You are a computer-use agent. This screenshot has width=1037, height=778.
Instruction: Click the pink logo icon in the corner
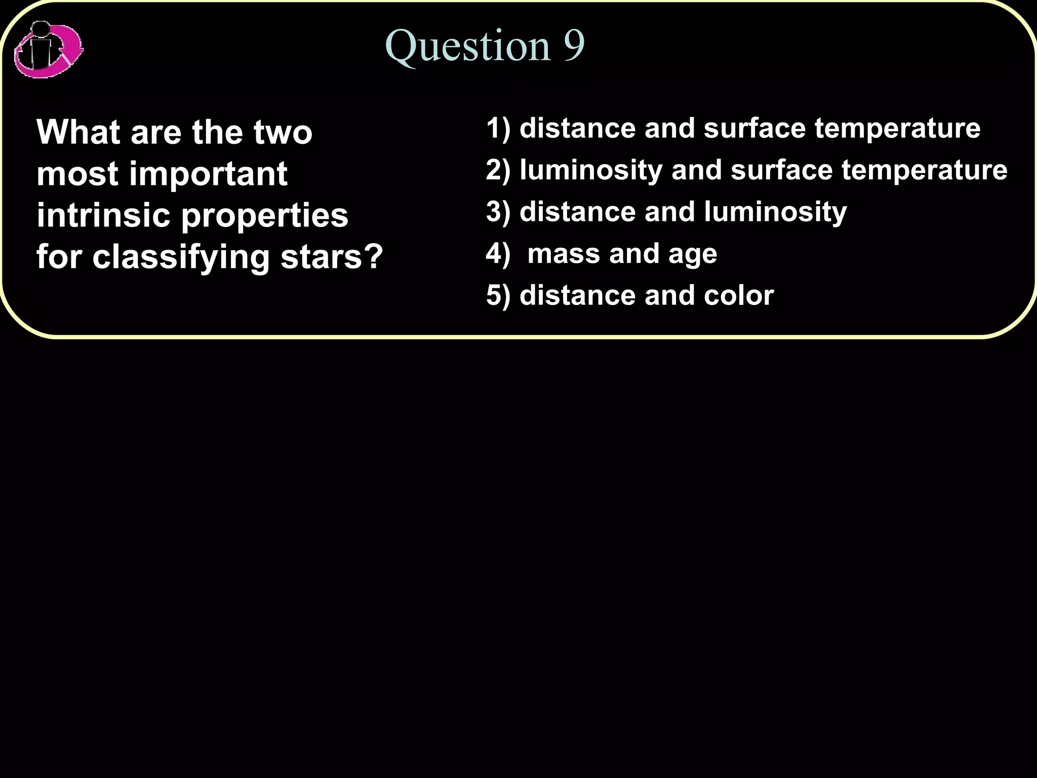(48, 50)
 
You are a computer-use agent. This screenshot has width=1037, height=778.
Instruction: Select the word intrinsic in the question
(104, 215)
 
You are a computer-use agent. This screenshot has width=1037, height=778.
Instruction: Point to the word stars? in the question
(332, 256)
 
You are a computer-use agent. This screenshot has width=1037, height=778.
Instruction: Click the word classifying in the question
(181, 257)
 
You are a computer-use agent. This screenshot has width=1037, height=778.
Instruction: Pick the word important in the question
(208, 174)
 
